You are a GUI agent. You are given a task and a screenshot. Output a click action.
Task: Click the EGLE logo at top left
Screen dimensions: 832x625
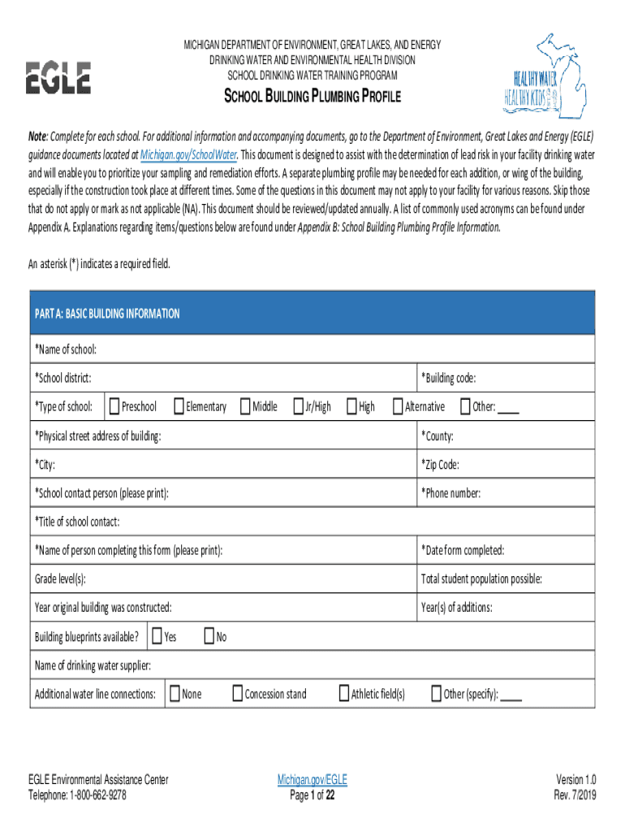click(59, 78)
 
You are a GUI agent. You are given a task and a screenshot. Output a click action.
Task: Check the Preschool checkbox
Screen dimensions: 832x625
click(114, 406)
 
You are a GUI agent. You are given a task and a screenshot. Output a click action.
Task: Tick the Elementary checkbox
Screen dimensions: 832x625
click(179, 406)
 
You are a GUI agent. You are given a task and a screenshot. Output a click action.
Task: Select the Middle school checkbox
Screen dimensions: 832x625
click(245, 406)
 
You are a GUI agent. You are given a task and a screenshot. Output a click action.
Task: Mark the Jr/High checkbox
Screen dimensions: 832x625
click(298, 406)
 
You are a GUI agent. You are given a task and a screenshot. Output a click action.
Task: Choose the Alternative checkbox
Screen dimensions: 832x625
click(398, 406)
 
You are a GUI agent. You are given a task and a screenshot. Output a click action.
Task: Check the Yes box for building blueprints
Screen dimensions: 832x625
click(157, 637)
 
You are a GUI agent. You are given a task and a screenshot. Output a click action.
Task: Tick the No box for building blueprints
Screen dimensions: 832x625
click(209, 637)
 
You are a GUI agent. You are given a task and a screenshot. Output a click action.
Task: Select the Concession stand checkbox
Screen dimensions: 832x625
click(237, 693)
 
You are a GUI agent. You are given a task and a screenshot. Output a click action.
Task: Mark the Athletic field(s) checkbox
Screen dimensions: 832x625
click(343, 693)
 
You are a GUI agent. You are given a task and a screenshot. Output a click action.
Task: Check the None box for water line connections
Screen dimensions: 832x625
click(175, 693)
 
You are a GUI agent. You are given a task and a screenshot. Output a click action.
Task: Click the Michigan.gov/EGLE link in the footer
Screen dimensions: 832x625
click(312, 780)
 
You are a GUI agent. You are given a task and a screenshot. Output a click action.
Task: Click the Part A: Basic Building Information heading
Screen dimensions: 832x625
click(107, 314)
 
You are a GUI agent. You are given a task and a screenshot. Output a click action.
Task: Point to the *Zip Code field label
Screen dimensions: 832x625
click(440, 465)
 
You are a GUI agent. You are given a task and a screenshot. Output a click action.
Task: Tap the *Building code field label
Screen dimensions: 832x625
click(448, 378)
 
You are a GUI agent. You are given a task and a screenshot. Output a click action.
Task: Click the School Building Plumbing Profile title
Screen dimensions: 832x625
click(312, 98)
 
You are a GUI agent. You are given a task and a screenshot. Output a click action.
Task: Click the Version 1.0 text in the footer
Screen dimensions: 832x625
click(575, 780)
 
